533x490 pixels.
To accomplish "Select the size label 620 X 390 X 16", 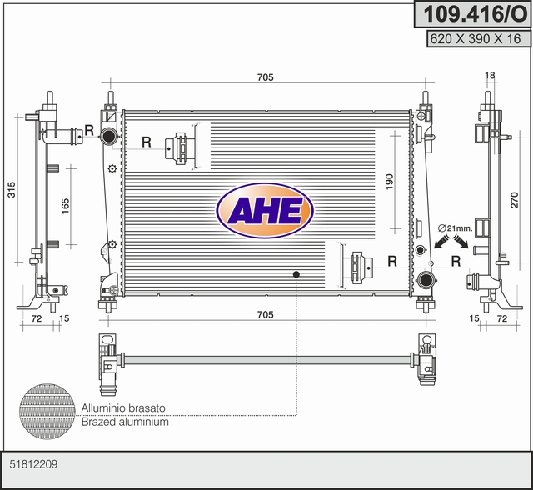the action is pos(476,39).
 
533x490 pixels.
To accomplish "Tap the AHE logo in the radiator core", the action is pos(265,211).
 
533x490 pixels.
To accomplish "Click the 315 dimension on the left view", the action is pos(12,189).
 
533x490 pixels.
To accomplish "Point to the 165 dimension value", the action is pos(65,206).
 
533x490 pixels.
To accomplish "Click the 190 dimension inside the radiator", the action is pos(389,182).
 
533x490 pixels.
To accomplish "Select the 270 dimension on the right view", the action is pos(515,200).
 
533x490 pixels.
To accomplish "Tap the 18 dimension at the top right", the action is pos(490,75).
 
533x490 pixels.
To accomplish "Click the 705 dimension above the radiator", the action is pos(265,77).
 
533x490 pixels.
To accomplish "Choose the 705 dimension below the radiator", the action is pos(265,314).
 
